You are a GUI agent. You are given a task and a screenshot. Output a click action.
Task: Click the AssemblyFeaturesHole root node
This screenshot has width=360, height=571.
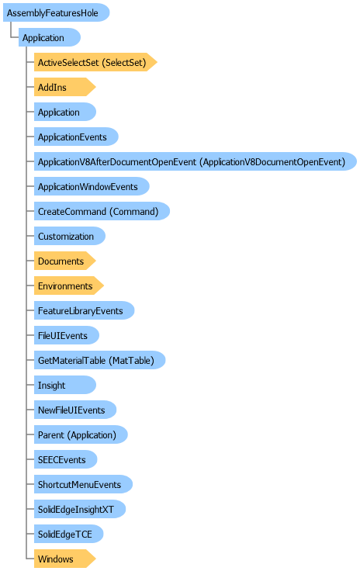pos(57,12)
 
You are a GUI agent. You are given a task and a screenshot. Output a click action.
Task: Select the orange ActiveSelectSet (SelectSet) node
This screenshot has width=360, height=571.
pos(95,62)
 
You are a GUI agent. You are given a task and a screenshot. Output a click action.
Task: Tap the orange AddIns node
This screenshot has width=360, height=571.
pos(65,87)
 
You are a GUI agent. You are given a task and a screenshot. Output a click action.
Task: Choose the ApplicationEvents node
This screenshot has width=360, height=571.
pos(76,137)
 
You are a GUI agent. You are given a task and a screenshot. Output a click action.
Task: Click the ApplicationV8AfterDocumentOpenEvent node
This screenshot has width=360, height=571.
pos(195,161)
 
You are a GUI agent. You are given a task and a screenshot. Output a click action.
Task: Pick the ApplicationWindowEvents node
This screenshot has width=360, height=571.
pos(92,186)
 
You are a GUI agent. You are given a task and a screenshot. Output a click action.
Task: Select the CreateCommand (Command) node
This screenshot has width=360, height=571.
pos(102,211)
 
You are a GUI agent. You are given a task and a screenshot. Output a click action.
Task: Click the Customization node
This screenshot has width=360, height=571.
pos(70,236)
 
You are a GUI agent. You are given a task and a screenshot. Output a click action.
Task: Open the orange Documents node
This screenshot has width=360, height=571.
pos(65,261)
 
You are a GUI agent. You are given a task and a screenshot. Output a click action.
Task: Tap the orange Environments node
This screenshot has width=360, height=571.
pos(69,285)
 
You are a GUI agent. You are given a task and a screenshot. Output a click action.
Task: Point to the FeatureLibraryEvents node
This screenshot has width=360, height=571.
pos(84,310)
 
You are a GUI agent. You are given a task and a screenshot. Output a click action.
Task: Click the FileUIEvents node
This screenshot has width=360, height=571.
pos(66,335)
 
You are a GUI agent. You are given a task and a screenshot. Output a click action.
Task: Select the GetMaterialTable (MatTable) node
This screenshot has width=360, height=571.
pos(99,360)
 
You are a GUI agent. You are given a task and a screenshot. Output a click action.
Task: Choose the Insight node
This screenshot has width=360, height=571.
pos(65,385)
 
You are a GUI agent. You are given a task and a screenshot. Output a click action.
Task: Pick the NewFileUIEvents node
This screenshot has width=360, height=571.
pos(75,410)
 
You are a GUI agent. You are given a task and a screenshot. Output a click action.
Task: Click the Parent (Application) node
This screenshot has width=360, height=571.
pos(81,434)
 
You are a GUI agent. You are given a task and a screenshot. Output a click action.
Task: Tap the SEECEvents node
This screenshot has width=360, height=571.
pos(65,459)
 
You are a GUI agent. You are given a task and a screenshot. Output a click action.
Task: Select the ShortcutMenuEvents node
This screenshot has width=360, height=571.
pos(83,484)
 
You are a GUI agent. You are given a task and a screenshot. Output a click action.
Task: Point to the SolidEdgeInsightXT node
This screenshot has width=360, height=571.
pos(80,509)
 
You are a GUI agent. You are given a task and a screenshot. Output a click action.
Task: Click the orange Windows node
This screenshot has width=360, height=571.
pos(65,559)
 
